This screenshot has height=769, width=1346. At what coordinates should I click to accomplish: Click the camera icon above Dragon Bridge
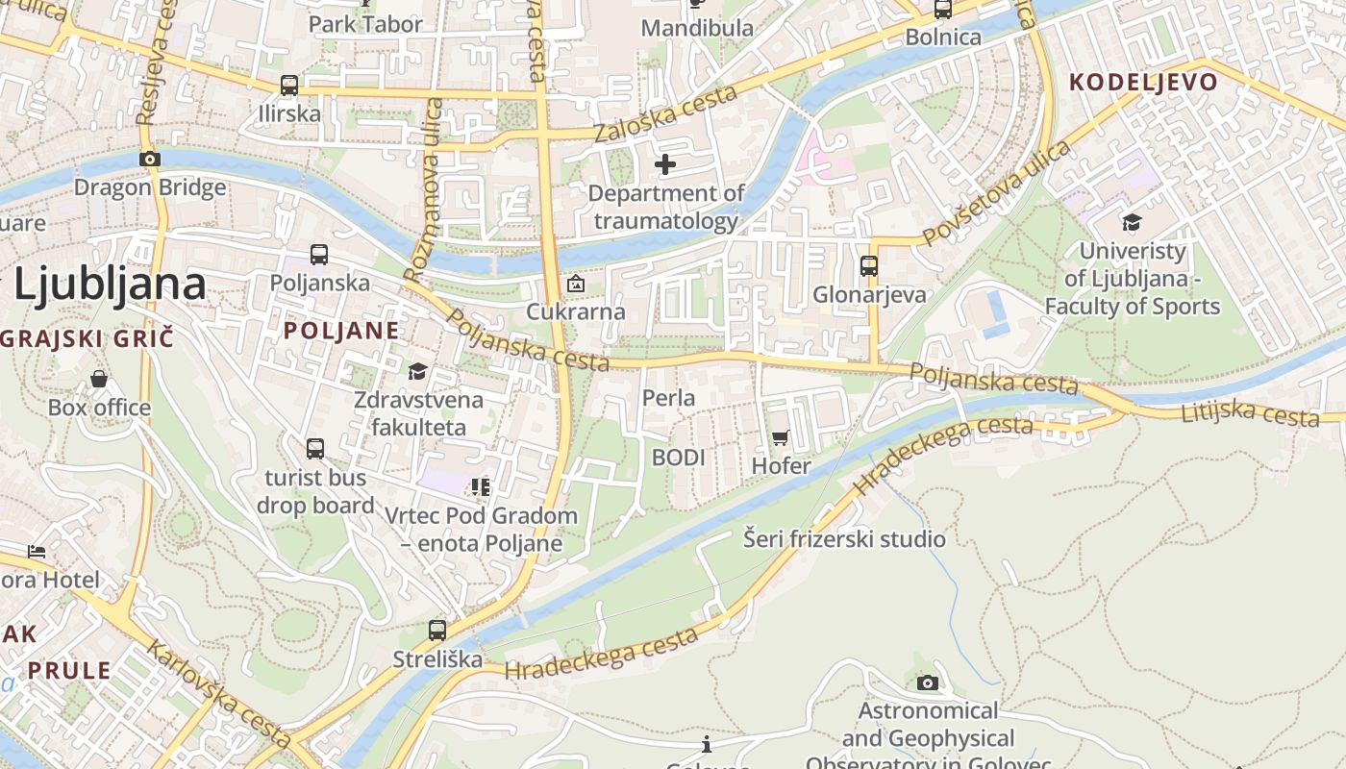[x=149, y=159]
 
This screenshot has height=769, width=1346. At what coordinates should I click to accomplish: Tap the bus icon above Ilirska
[x=289, y=85]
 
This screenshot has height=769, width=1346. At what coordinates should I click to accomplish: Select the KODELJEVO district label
[x=1143, y=82]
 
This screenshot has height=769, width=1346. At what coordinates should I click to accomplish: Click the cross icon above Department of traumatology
[x=664, y=165]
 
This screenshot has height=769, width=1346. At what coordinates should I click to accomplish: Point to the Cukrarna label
[x=575, y=311]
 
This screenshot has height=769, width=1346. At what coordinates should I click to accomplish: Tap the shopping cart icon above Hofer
[x=781, y=438]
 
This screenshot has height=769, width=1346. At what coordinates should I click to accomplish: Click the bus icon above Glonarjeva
[x=869, y=265]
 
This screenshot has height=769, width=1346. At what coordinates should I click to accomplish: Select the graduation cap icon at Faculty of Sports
[x=1132, y=223]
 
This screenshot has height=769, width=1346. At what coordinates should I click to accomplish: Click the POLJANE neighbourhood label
[x=341, y=331]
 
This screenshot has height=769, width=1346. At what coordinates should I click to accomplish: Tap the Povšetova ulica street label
[x=996, y=192]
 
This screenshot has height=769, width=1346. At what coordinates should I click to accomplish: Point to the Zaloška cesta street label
[x=665, y=112]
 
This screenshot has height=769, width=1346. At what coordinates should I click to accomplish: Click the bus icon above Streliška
[x=437, y=631]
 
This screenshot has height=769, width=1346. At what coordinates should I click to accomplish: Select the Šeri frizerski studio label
[x=844, y=538]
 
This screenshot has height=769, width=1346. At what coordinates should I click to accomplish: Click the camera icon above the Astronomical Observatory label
[x=927, y=682]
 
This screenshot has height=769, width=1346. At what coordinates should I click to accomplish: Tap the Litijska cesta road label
[x=1250, y=413]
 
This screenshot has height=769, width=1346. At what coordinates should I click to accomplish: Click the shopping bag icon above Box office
[x=99, y=379]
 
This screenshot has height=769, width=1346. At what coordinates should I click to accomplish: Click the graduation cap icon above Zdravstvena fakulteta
[x=417, y=371]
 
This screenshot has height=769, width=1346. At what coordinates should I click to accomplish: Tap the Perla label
[x=668, y=397]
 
